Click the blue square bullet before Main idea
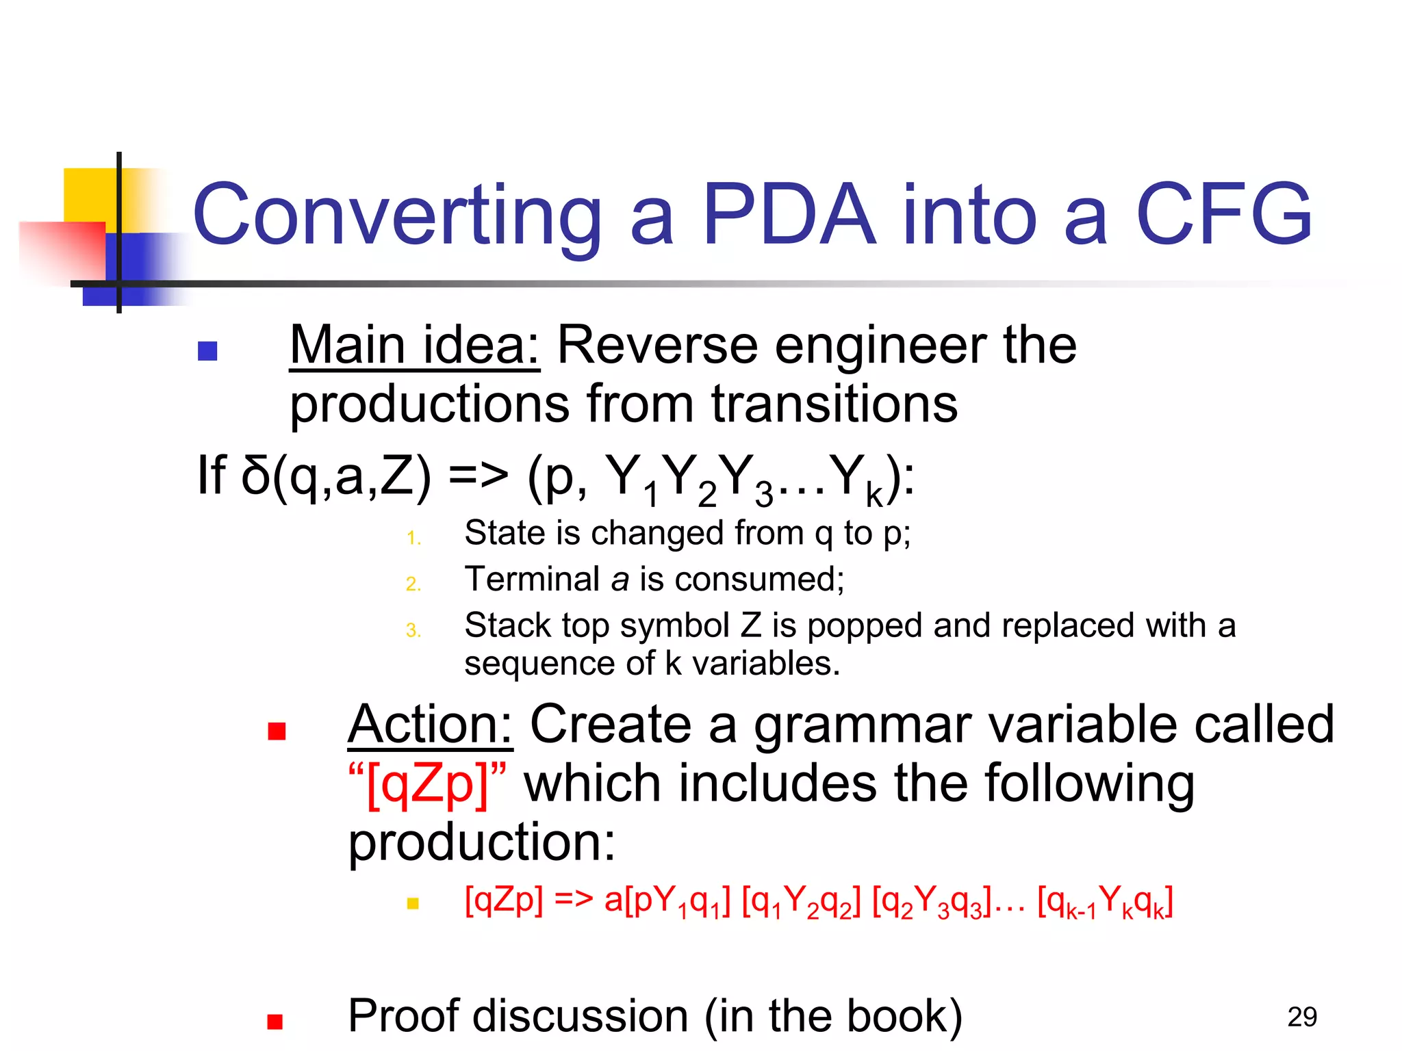(x=207, y=351)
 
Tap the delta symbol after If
(x=256, y=475)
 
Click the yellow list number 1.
(x=413, y=538)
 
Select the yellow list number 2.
(x=413, y=584)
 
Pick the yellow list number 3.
(x=413, y=630)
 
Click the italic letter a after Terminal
(x=620, y=580)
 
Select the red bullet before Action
(x=277, y=731)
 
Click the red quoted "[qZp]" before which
(x=427, y=783)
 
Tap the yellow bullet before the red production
(x=413, y=903)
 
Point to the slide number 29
(x=1301, y=1017)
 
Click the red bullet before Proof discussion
(x=275, y=1022)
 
